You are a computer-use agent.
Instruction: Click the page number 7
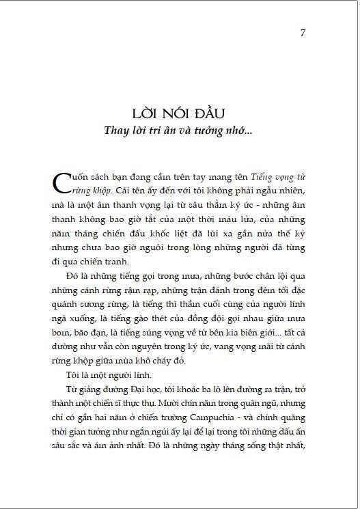click(x=303, y=33)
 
